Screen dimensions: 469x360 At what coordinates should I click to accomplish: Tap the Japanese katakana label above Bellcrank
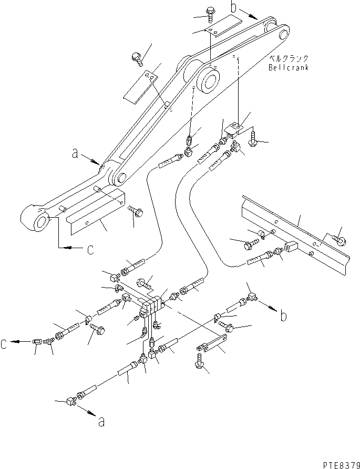pyautogui.click(x=287, y=59)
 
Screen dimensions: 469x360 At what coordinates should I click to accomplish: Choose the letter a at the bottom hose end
pyautogui.click(x=100, y=421)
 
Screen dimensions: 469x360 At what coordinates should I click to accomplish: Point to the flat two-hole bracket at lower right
pyautogui.click(x=210, y=345)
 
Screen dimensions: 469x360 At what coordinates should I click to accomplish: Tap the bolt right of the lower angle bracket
pyautogui.click(x=133, y=211)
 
